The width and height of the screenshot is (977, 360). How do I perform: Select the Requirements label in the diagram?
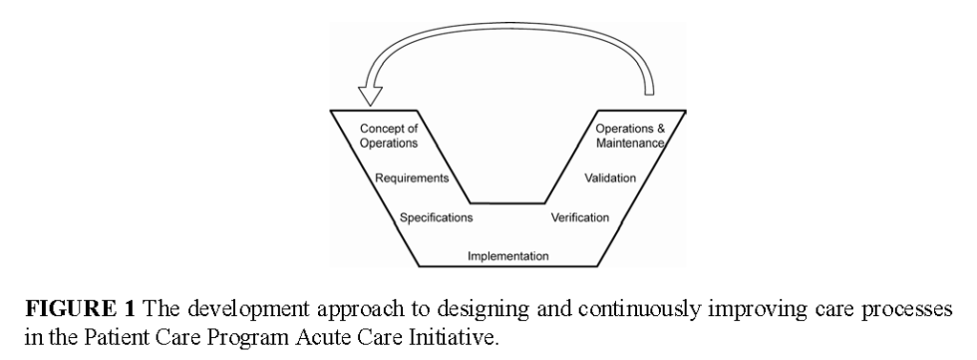(x=411, y=180)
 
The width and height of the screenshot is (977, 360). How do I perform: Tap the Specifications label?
(x=436, y=216)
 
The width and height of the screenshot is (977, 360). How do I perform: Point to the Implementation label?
(x=508, y=256)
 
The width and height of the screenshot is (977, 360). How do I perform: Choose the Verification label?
(x=581, y=216)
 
